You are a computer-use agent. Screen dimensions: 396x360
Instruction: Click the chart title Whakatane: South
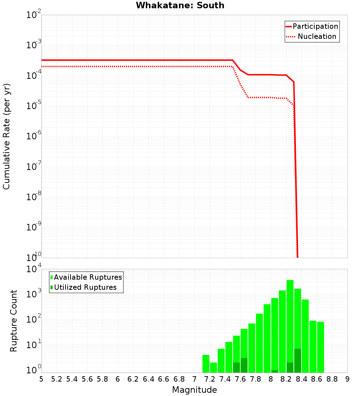pos(180,5)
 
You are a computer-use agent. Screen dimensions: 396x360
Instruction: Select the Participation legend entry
pos(315,27)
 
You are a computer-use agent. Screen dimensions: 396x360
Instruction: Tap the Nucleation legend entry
pos(316,37)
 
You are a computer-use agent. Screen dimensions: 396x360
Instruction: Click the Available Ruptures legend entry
pos(88,277)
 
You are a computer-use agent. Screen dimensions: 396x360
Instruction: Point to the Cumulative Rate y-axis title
pos(6,136)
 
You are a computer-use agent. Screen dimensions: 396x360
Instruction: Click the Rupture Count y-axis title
pos(14,320)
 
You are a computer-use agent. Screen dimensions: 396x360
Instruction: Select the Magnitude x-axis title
pos(194,390)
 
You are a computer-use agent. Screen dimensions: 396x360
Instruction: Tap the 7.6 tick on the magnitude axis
pos(240,379)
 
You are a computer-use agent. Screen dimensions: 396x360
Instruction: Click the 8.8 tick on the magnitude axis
pos(332,379)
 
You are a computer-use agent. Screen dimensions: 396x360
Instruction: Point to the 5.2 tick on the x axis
pos(57,379)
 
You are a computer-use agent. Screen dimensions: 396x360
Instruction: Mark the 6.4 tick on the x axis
pos(148,379)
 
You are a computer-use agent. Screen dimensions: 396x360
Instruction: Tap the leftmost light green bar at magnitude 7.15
pos(206,364)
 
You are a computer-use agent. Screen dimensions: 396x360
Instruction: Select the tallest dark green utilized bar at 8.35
pos(297,360)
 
